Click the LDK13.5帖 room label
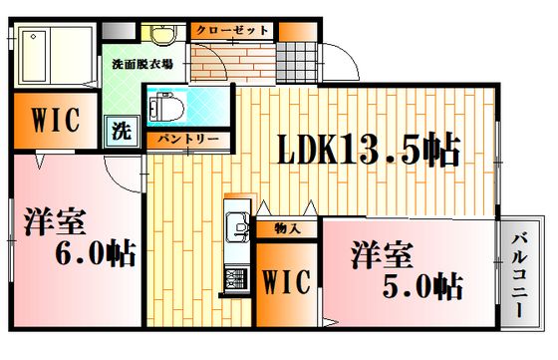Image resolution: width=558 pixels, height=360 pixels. click(x=369, y=149)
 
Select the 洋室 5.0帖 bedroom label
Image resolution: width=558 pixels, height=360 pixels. click(x=407, y=269)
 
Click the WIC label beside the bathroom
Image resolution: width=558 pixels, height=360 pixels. click(x=55, y=120)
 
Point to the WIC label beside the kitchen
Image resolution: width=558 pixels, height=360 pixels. click(x=287, y=281)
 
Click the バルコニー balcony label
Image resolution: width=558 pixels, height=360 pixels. click(x=519, y=274)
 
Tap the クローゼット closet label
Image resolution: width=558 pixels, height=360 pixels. click(x=232, y=30)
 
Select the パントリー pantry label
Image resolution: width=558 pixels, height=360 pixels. click(x=188, y=140)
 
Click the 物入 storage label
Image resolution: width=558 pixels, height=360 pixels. click(x=287, y=229)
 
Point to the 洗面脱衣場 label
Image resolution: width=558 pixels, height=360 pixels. click(x=142, y=65)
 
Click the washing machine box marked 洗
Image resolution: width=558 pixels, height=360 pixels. click(x=122, y=132)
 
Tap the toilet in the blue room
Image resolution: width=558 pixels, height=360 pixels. click(x=166, y=106)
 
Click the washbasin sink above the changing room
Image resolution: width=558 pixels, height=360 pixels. click(x=163, y=35)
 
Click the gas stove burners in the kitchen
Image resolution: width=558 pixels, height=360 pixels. click(x=235, y=278)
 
